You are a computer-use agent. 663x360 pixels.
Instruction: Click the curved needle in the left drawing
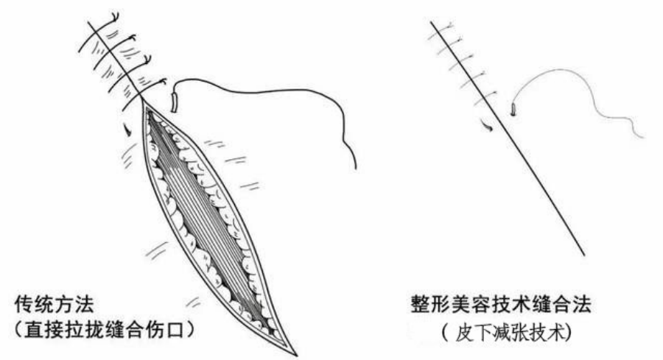pos(175,96)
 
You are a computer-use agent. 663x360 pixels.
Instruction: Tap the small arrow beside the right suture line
pos(488,127)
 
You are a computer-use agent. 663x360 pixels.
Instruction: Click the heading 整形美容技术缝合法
pos(491,304)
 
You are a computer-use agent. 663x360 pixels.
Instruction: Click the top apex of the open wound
pos(144,103)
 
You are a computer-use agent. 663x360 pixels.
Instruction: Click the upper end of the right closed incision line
pos(430,21)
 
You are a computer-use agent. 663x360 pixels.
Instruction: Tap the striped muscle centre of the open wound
pos(214,221)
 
